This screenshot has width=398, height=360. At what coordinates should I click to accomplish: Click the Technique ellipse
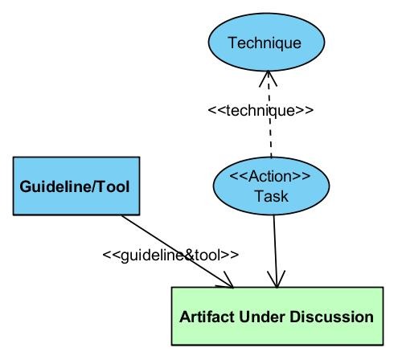[x=266, y=42]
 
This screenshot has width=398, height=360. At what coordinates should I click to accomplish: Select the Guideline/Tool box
[x=76, y=186]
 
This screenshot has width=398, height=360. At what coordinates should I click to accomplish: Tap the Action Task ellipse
[x=271, y=186]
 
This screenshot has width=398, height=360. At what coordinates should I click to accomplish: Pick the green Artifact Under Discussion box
[x=277, y=316]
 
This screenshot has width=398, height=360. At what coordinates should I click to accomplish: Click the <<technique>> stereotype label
[x=261, y=110]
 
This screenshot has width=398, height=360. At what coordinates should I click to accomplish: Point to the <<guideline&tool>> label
[x=170, y=256]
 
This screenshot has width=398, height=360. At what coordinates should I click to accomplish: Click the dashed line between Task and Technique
[x=269, y=114]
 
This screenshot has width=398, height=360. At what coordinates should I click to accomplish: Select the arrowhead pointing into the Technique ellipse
[x=268, y=79]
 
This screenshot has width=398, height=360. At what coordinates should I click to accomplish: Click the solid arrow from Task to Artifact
[x=276, y=252]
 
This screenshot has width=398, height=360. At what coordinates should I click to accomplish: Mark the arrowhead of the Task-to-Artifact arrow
[x=277, y=280]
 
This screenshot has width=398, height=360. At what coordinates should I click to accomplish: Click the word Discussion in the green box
[x=331, y=317]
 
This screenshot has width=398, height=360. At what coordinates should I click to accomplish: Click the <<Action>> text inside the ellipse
[x=270, y=176]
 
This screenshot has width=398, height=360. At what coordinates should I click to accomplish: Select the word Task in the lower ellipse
[x=271, y=196]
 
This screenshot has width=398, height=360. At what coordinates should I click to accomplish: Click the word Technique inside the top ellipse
[x=265, y=43]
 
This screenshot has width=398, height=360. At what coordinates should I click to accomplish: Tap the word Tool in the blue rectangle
[x=113, y=186]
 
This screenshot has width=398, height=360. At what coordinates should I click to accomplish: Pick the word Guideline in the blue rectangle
[x=55, y=186]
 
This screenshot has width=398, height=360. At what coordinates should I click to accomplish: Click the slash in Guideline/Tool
[x=94, y=186]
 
